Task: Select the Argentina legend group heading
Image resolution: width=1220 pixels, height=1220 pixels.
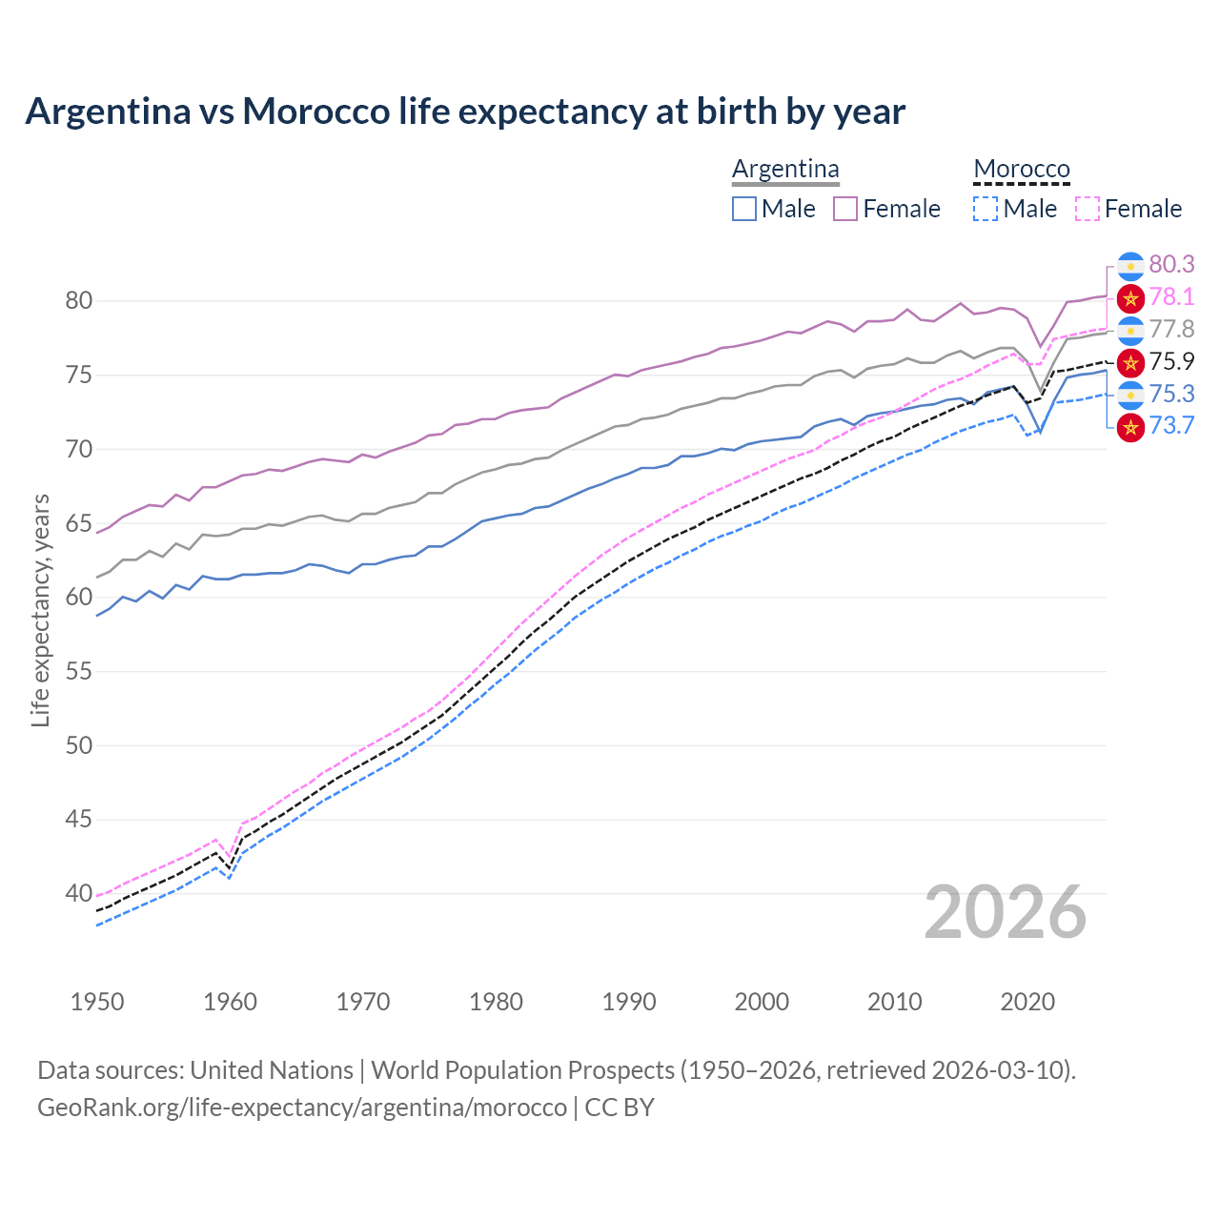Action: [785, 169]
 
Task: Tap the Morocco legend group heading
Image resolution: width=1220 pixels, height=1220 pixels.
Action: [1022, 169]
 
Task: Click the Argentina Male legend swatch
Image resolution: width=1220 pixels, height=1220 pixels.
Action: [744, 209]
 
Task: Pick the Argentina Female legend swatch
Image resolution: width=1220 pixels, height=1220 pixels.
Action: [845, 209]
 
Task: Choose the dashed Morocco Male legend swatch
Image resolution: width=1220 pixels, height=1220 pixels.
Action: [986, 209]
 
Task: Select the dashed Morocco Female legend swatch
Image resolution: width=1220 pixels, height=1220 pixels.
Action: [1087, 209]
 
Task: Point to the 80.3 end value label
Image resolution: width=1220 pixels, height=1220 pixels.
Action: [1171, 264]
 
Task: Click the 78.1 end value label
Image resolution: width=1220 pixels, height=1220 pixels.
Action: [1171, 297]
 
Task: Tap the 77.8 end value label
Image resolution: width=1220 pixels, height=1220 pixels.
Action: [1171, 330]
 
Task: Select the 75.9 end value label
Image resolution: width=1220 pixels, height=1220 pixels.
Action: [1171, 361]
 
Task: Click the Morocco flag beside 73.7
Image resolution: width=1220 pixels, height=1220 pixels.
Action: [1130, 427]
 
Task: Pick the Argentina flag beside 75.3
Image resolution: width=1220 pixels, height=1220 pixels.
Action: [1130, 395]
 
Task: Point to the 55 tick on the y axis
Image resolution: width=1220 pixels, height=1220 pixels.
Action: [79, 672]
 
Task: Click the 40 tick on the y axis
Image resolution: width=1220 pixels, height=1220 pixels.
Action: [79, 894]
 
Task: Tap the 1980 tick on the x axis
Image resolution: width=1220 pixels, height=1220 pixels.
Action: [496, 1002]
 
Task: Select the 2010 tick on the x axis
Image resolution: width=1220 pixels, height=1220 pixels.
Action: [894, 1002]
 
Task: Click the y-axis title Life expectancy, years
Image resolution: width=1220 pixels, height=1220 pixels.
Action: [41, 610]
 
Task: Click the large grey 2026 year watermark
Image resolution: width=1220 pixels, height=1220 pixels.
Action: [1005, 913]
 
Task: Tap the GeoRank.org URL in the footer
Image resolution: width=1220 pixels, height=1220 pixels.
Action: [302, 1108]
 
